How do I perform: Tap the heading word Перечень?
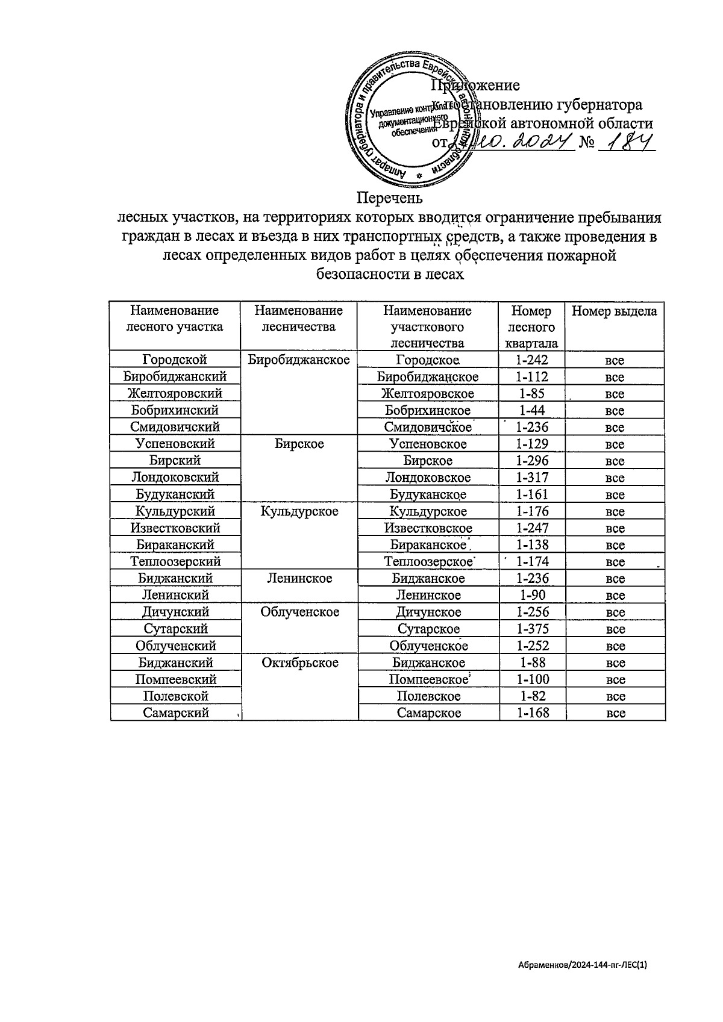coord(389,198)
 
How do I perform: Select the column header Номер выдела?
coord(614,311)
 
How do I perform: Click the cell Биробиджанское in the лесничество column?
coord(299,360)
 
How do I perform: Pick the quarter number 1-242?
coord(532,360)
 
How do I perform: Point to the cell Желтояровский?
coord(175,394)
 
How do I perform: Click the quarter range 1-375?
coord(532,629)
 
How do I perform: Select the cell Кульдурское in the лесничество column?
coord(299,511)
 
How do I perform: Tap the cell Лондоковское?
coord(428,478)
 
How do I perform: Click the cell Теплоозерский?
coord(175,561)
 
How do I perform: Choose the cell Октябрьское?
coord(299,662)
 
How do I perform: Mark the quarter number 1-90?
coord(532,595)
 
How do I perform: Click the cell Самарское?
coord(428,713)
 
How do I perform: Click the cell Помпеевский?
coord(175,679)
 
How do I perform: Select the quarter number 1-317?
coord(532,478)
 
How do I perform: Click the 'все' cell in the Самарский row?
coord(615,713)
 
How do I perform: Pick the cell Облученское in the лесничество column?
coord(299,612)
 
